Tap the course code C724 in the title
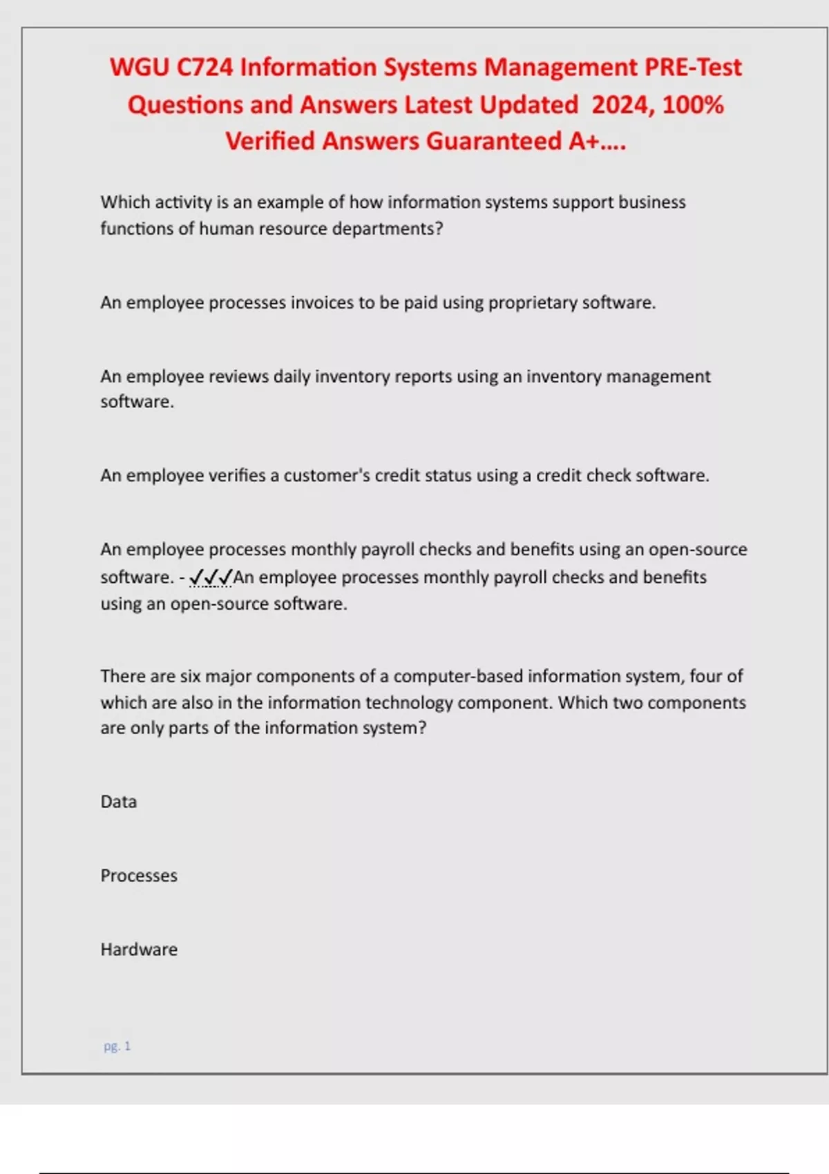(204, 68)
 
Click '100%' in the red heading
(693, 105)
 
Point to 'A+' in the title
(584, 142)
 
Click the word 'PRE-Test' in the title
(693, 68)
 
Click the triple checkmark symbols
(211, 577)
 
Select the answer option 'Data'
(119, 802)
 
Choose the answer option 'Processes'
(139, 876)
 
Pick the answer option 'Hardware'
(139, 950)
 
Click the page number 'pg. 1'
(117, 1046)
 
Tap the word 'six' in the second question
(190, 676)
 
